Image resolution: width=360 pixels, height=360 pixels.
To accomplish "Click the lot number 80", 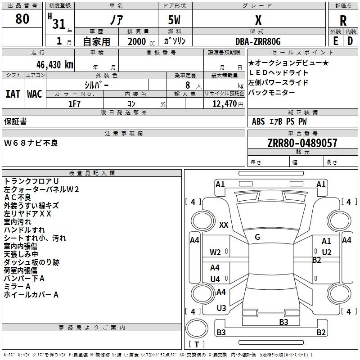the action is point(22,19).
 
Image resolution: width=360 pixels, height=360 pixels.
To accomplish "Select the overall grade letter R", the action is point(343,21).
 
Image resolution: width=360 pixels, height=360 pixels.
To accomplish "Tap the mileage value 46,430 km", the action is point(54,65).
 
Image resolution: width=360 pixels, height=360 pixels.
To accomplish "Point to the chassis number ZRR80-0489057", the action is point(302,143).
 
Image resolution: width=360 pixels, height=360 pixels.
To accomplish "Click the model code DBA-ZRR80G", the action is point(258,41).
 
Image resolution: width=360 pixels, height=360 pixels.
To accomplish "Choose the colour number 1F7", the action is point(74,104).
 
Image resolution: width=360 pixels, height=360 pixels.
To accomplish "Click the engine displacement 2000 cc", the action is point(141,41).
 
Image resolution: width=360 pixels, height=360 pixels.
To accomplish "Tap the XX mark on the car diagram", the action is point(224,225).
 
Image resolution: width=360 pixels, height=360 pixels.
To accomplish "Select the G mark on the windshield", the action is point(257,237).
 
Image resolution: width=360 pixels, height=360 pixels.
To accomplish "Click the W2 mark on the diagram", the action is point(215,252).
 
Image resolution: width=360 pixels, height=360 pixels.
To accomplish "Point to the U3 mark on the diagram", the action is point(221,308).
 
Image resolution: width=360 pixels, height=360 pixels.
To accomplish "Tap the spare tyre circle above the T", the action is point(197,328).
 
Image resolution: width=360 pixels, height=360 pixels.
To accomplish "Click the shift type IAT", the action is point(13,94).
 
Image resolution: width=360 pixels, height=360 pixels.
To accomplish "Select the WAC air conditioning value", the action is point(35,94).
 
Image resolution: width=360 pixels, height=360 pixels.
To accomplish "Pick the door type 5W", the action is point(174,20).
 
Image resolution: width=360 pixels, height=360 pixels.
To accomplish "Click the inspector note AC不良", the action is point(18,198).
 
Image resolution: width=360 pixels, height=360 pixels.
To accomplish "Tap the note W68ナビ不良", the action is point(31,143).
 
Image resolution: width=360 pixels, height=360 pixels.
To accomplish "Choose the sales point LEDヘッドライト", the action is point(278,72).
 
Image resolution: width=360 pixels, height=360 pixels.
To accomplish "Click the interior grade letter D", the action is point(350,41).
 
